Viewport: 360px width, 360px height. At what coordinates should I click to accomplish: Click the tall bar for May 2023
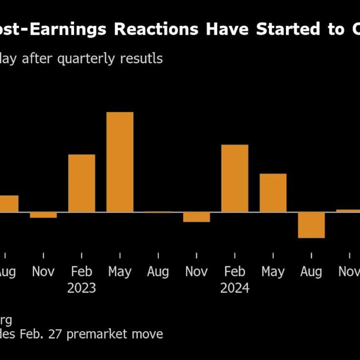[x=120, y=162]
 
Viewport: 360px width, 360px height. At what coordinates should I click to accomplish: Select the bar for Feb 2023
[x=82, y=183]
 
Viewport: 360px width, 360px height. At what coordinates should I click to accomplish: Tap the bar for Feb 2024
[x=234, y=178]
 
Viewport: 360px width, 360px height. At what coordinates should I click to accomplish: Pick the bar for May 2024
[x=273, y=193]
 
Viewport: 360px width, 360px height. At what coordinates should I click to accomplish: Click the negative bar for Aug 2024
[x=311, y=225]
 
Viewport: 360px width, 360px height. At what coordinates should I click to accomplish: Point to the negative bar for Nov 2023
[x=197, y=217]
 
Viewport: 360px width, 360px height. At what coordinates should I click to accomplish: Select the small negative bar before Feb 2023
[x=43, y=215]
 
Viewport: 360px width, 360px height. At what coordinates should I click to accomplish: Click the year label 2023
[x=82, y=288]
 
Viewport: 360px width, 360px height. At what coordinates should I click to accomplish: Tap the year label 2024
[x=234, y=288]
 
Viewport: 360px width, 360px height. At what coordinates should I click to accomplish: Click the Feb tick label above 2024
[x=234, y=272]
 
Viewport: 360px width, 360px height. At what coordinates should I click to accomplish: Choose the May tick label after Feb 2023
[x=120, y=272]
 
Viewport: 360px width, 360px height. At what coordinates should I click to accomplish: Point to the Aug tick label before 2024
[x=158, y=272]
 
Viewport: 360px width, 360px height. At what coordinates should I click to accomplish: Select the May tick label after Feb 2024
[x=273, y=272]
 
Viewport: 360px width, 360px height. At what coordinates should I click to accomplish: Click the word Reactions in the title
[x=156, y=30]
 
